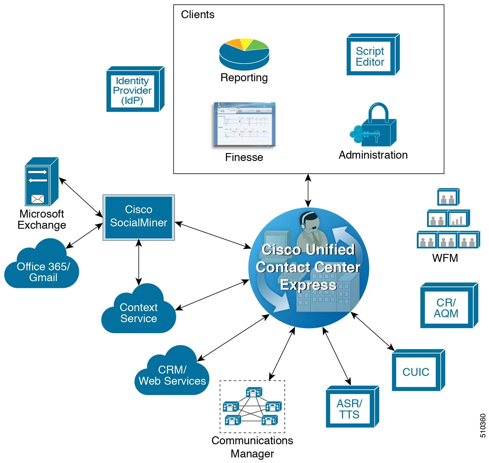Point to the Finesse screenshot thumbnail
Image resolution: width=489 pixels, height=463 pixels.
click(x=244, y=125)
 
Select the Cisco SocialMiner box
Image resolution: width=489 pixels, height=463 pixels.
click(x=138, y=217)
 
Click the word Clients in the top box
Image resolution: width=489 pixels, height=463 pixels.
click(x=197, y=14)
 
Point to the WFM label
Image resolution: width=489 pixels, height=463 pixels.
click(x=445, y=258)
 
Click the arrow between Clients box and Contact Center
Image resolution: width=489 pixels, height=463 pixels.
click(x=308, y=191)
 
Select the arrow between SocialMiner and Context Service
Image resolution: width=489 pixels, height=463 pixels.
click(x=139, y=262)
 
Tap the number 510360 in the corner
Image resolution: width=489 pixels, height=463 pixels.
click(x=483, y=425)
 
